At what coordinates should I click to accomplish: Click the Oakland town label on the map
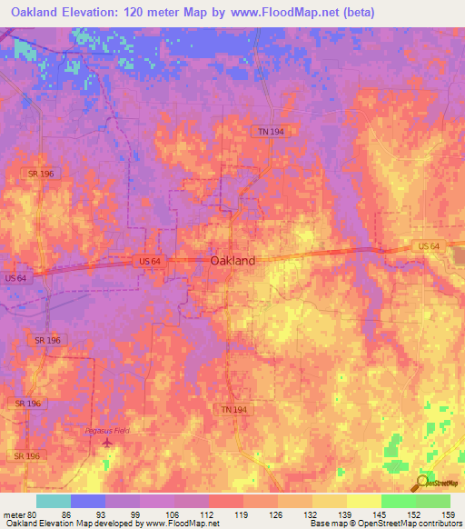click(x=232, y=260)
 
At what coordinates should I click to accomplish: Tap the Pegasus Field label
click(x=108, y=430)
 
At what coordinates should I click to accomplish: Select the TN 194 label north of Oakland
click(x=265, y=132)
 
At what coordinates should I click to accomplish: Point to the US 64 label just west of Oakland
click(x=151, y=262)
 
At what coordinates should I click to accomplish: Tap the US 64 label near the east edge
click(x=429, y=246)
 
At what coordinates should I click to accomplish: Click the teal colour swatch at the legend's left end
click(x=53, y=501)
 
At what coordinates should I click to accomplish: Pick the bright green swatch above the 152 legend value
click(x=398, y=501)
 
